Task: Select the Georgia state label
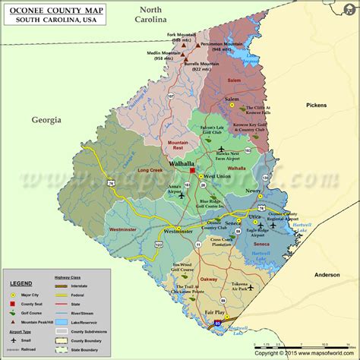(x=46, y=119)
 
